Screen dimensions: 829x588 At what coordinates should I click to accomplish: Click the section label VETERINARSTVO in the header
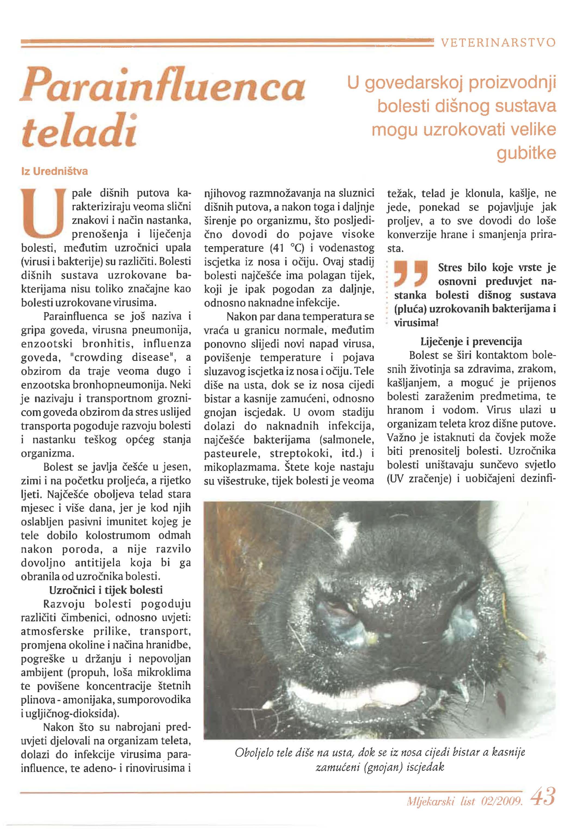tap(498, 43)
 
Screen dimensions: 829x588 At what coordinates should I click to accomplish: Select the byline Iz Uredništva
tap(55, 171)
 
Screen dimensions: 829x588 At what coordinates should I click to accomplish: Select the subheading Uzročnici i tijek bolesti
tap(106, 590)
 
